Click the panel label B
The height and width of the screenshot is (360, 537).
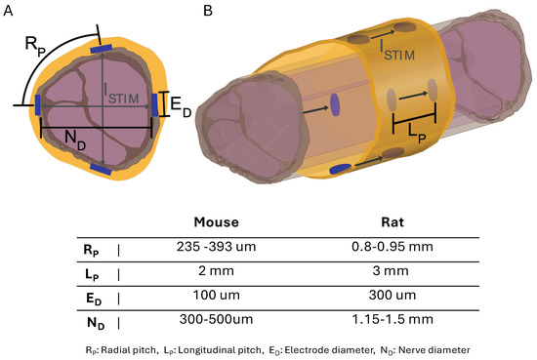pos(206,10)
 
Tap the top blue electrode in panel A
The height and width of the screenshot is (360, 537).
pos(102,46)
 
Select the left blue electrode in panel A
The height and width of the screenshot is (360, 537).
pos(38,104)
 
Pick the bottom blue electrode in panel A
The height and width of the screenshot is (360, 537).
pos(102,169)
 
